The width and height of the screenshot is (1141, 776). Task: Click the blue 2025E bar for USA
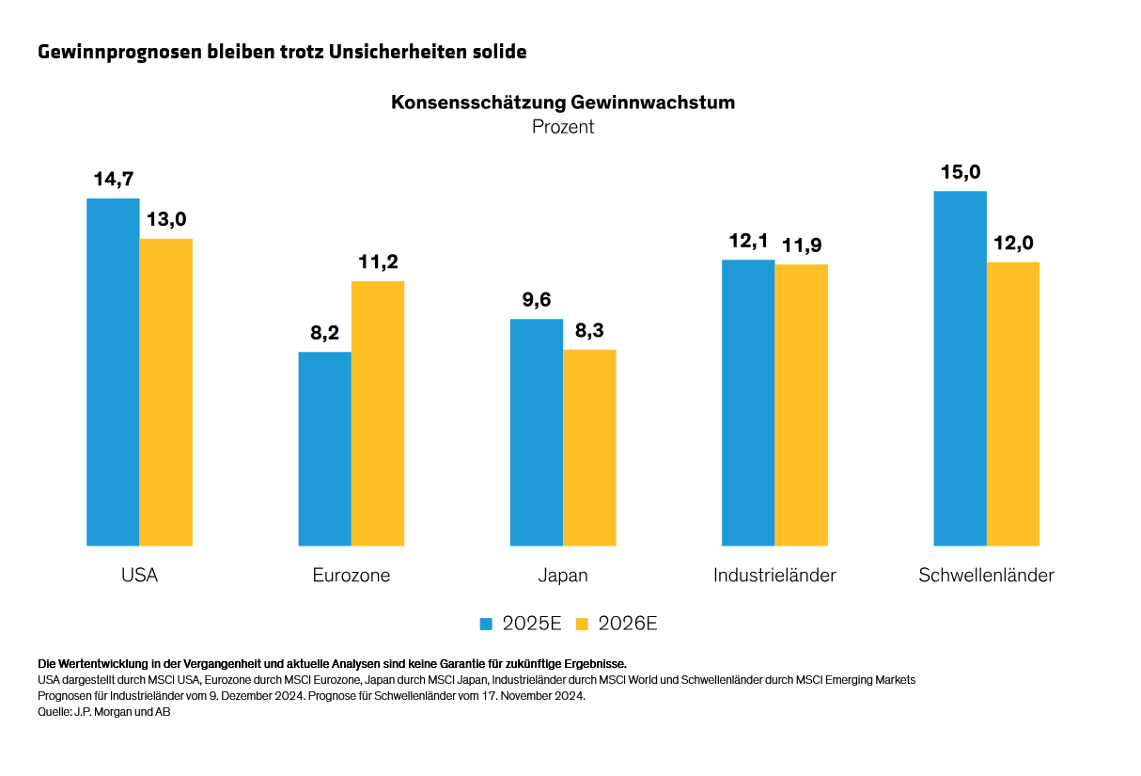113,372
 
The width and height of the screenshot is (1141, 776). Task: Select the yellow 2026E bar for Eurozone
378,413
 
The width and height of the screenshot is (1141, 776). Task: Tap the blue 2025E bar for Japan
537,432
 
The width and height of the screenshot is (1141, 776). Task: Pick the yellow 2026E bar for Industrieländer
801,404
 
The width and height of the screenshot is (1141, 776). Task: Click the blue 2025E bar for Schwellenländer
960,368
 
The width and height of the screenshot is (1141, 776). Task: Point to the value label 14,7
113,180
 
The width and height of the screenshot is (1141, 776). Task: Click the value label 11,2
378,261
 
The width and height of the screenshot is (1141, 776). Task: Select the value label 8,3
589,331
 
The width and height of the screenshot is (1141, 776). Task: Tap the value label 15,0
960,172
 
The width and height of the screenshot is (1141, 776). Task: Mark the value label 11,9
801,245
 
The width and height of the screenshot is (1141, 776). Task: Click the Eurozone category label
352,576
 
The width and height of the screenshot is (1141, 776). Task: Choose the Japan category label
563,576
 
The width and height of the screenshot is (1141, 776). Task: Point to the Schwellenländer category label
986,576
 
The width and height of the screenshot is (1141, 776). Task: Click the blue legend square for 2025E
486,624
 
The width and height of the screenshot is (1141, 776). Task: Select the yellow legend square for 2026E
582,624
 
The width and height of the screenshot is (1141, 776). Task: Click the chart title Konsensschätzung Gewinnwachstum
563,103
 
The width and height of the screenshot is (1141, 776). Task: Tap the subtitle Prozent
563,126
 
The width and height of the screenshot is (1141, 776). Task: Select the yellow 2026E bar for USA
166,391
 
